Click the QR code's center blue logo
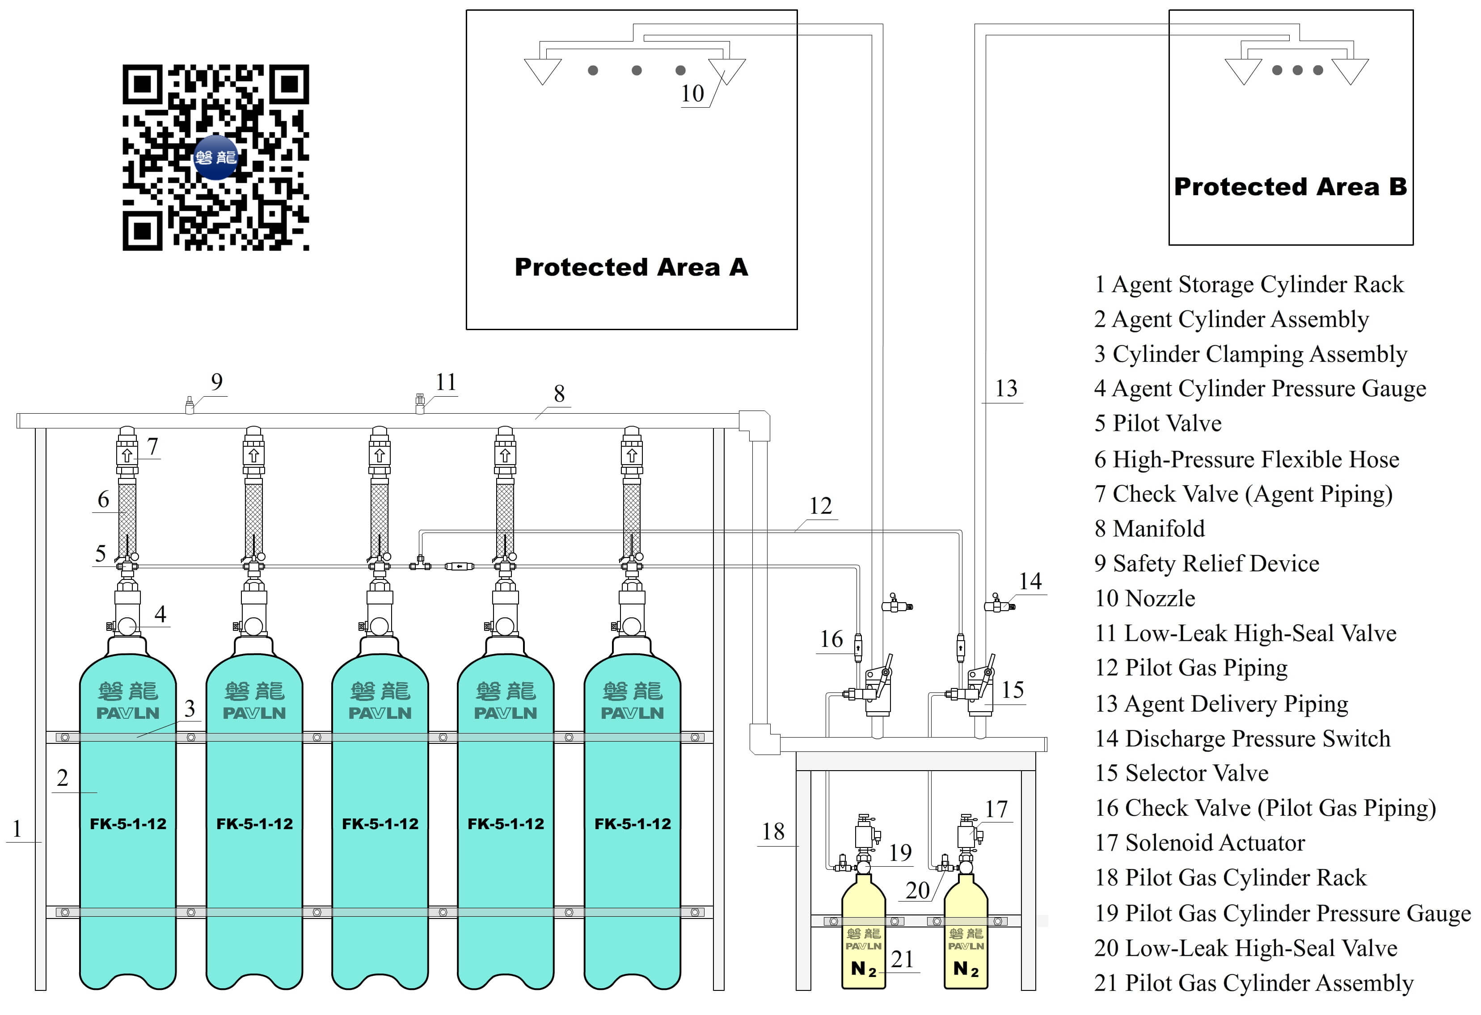[215, 157]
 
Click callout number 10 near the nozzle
[692, 94]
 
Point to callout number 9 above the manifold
[217, 382]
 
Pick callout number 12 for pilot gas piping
[820, 506]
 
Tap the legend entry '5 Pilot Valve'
[1157, 424]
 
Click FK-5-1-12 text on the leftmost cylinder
[128, 824]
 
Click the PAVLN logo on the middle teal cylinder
[380, 713]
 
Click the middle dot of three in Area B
[1297, 70]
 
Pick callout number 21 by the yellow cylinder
[902, 959]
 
